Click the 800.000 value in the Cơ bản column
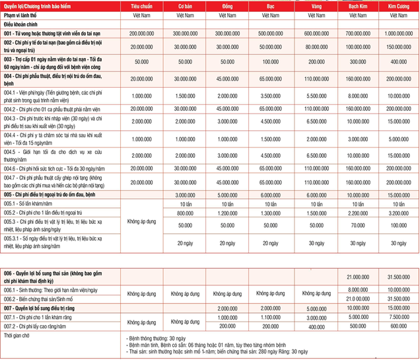pos(185,213)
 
